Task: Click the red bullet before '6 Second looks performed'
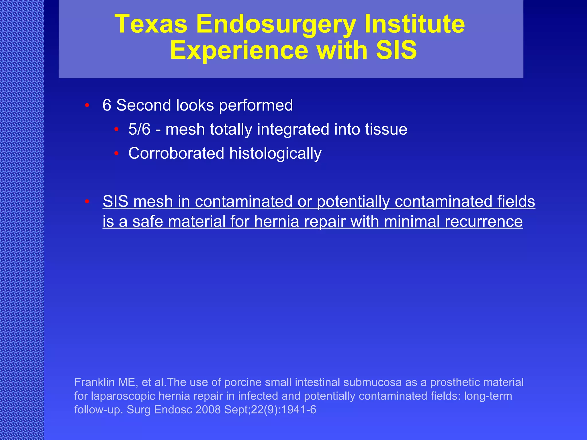click(x=87, y=105)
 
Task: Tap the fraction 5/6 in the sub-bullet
click(x=139, y=129)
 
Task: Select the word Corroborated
click(x=176, y=153)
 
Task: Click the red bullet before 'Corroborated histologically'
click(x=116, y=154)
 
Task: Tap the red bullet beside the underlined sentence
click(x=87, y=202)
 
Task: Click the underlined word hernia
click(x=276, y=221)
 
